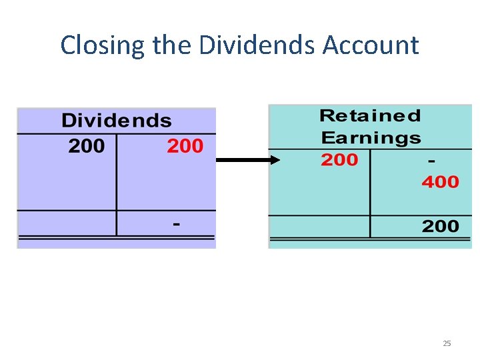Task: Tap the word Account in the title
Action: coord(371,45)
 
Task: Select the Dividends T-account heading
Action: coord(116,121)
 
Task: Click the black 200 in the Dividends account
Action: coord(86,146)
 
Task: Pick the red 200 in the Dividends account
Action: coord(185,146)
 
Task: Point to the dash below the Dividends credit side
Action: coord(176,225)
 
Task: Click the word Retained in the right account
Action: coord(370,116)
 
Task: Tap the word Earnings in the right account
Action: coord(370,138)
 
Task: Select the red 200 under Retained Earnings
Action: coord(339,160)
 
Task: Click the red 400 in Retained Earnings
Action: coord(440,181)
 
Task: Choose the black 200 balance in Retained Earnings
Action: coord(440,226)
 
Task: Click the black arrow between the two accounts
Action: coord(243,160)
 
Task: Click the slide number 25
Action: coord(447,343)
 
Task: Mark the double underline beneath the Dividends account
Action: coord(116,237)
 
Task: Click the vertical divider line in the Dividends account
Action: coord(117,180)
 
